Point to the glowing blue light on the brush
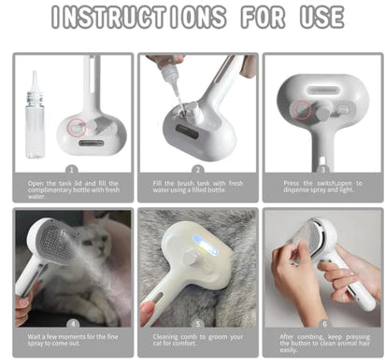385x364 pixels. pos(199,255)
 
